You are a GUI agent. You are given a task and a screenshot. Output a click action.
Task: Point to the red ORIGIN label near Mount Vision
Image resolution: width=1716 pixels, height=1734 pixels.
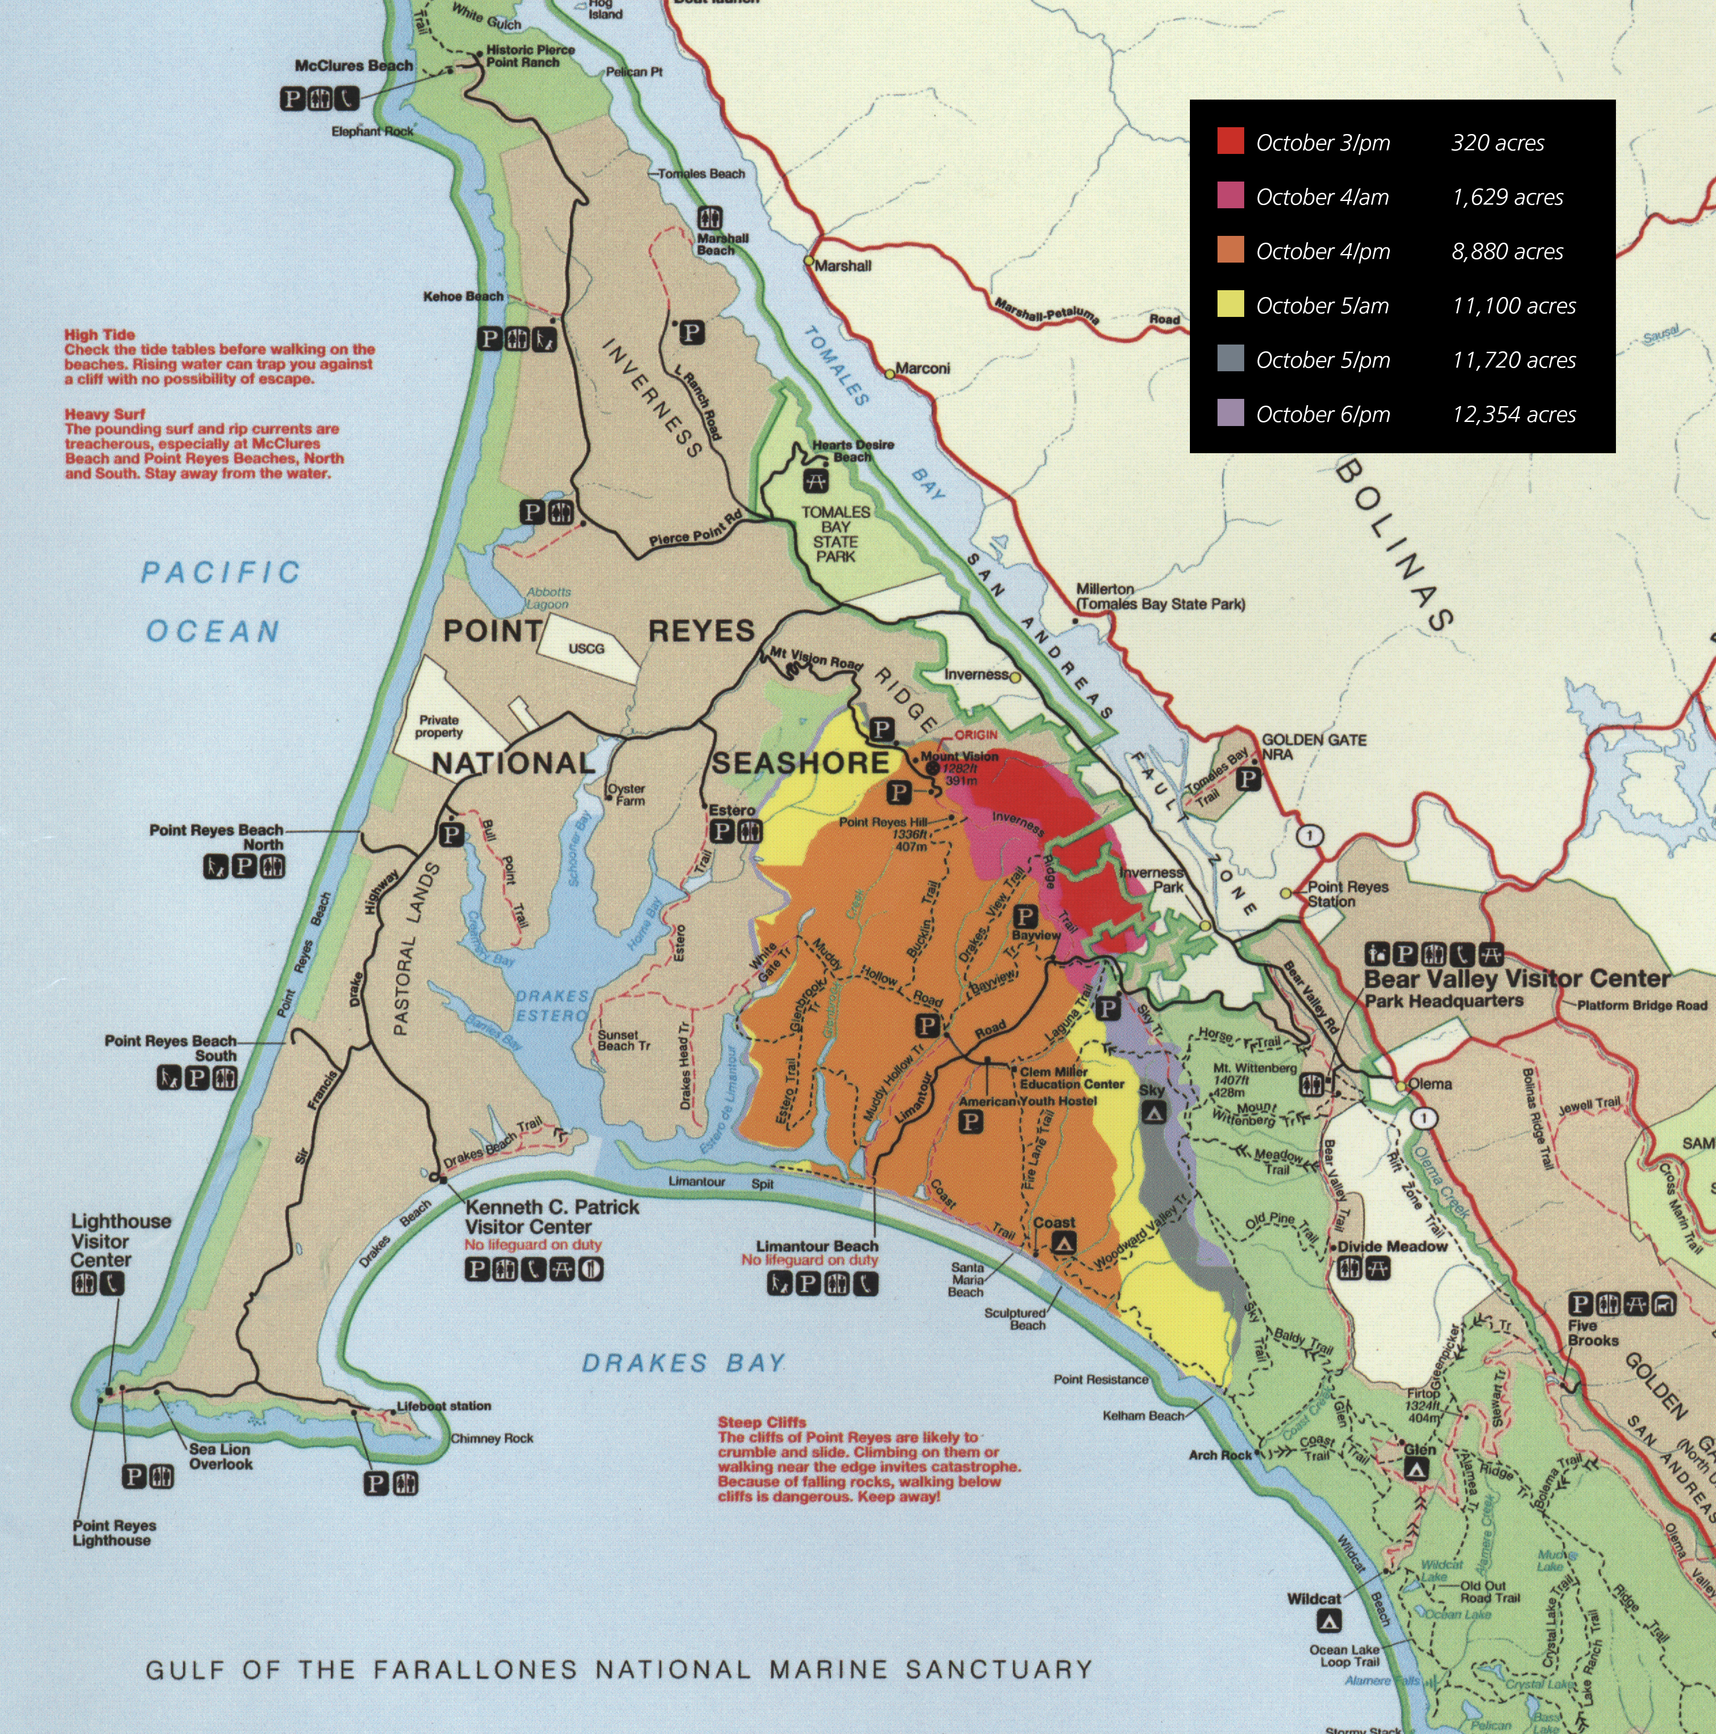[x=976, y=735]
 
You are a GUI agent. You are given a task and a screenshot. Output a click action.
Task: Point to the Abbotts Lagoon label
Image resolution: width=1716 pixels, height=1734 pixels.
[x=548, y=599]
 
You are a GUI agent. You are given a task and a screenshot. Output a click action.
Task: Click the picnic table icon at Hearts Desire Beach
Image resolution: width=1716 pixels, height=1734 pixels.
[x=817, y=481]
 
